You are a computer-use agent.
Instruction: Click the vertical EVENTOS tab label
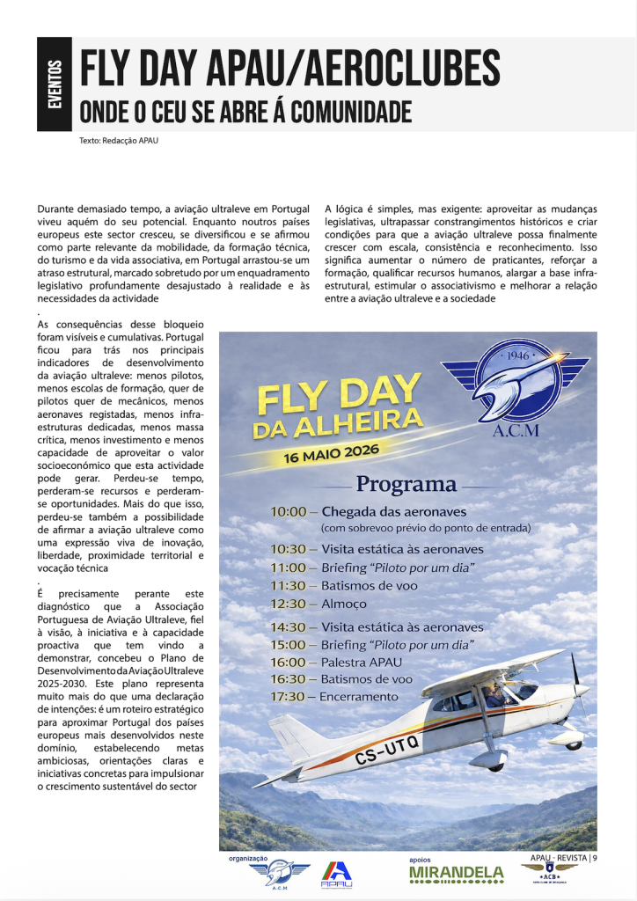(x=55, y=84)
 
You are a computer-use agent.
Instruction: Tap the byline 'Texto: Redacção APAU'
(x=118, y=140)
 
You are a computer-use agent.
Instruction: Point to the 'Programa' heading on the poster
(x=406, y=484)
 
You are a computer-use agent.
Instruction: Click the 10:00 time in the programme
(x=289, y=512)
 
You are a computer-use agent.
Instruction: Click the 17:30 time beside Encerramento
(x=289, y=697)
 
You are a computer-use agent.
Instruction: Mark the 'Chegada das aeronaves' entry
(x=393, y=512)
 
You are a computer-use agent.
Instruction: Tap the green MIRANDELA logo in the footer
(x=457, y=874)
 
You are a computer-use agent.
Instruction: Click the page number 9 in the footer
(x=596, y=858)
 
